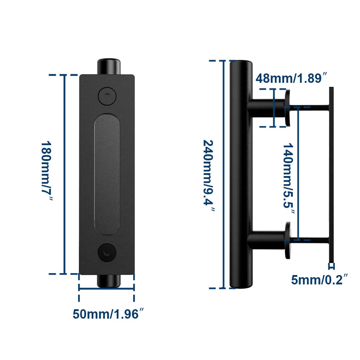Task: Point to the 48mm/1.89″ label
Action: pyautogui.click(x=292, y=78)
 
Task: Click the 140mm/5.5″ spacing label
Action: pyautogui.click(x=288, y=176)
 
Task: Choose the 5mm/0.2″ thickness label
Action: pyautogui.click(x=320, y=280)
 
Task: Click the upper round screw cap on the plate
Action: pyautogui.click(x=107, y=96)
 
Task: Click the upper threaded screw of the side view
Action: pyautogui.click(x=310, y=107)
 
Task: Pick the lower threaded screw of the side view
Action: pyautogui.click(x=310, y=239)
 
